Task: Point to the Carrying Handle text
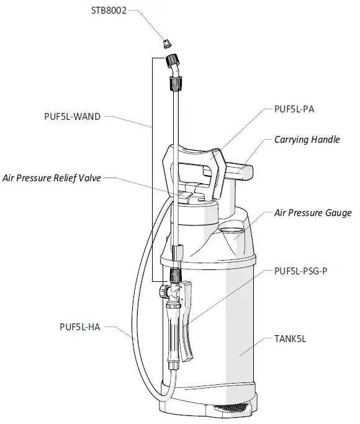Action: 307,140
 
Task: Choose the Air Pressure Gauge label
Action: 312,213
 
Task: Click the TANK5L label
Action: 290,339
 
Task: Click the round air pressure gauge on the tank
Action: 235,235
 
